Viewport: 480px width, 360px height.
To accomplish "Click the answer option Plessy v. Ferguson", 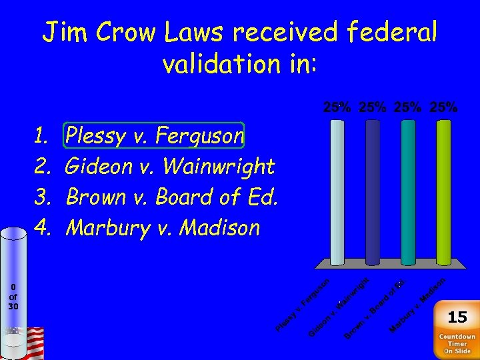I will pyautogui.click(x=155, y=136).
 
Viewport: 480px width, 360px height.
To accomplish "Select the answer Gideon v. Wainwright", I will pyautogui.click(x=171, y=166).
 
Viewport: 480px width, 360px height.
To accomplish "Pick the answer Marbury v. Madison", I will pyautogui.click(x=163, y=227).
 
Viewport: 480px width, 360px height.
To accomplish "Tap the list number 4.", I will pyautogui.click(x=42, y=227).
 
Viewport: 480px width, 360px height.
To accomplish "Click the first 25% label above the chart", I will pyautogui.click(x=337, y=107).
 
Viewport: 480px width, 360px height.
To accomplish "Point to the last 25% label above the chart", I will pyautogui.click(x=444, y=107).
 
